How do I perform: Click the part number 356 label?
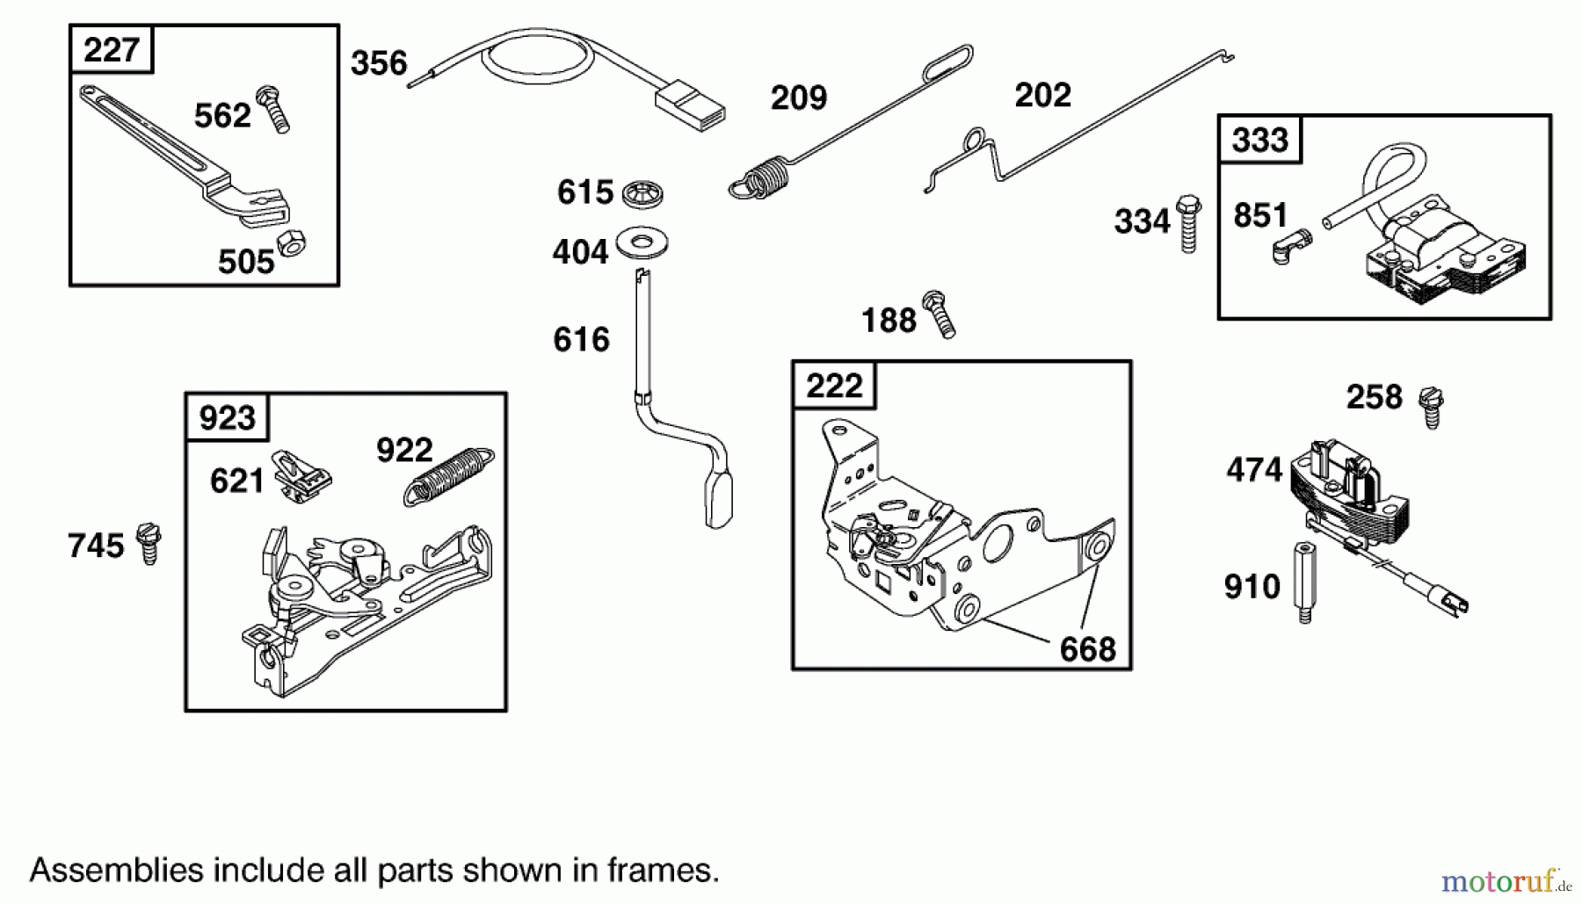379,64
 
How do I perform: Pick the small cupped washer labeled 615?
642,194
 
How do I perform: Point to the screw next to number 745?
149,544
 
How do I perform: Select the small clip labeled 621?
301,476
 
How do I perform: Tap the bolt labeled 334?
1188,224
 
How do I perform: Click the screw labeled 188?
939,314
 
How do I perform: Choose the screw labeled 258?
1432,408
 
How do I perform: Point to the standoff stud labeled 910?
1305,583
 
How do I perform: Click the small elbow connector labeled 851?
1291,247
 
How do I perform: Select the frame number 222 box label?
834,386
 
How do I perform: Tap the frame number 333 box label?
1259,140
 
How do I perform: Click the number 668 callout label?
1087,650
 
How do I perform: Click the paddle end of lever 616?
718,500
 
